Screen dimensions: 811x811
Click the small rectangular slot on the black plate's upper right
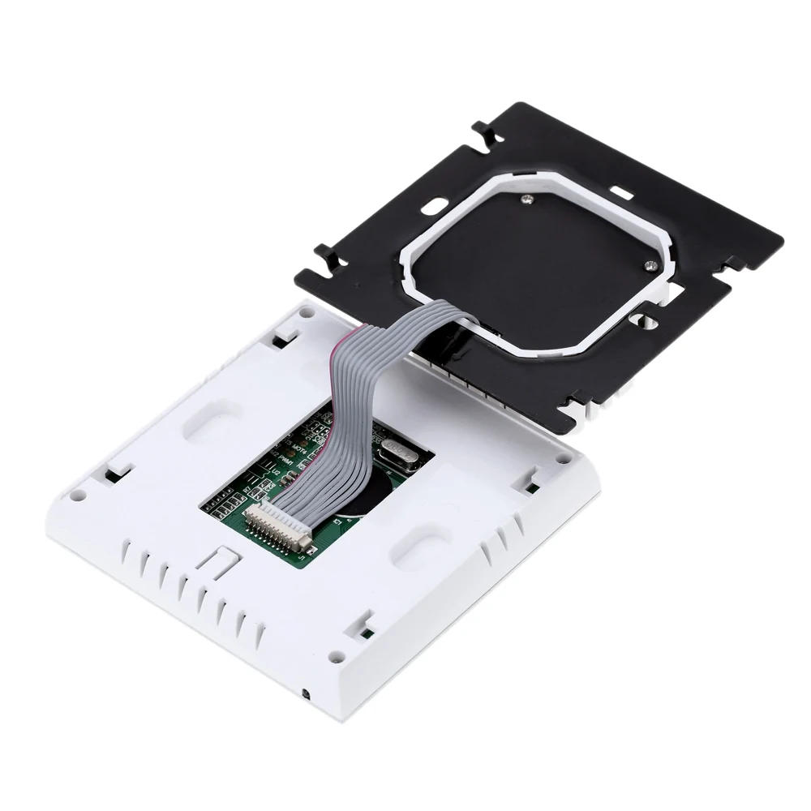(x=623, y=193)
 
